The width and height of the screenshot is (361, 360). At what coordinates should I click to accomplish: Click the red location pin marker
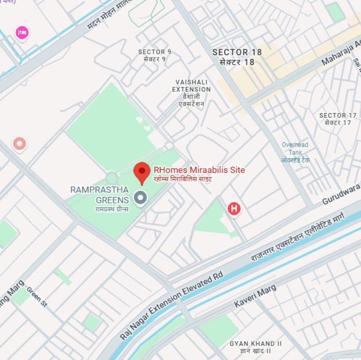[x=142, y=172]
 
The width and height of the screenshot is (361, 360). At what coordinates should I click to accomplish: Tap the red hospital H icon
[x=233, y=208]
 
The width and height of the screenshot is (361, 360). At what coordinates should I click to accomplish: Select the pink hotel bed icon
[x=22, y=32]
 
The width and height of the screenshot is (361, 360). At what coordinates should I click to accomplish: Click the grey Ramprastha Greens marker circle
[x=140, y=198]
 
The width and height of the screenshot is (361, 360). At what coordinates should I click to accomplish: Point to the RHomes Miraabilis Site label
[x=199, y=170]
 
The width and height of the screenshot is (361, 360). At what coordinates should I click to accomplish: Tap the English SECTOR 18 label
[x=237, y=52]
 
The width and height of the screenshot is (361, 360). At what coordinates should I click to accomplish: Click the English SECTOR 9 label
[x=155, y=52]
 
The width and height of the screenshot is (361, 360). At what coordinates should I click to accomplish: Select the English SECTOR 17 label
[x=338, y=115]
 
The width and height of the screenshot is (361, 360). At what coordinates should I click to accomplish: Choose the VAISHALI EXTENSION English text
[x=191, y=86]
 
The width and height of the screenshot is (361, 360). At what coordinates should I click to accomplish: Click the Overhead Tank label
[x=295, y=149]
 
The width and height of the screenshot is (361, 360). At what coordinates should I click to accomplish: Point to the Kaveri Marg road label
[x=255, y=296]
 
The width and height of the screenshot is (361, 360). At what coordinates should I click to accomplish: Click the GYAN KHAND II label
[x=256, y=344]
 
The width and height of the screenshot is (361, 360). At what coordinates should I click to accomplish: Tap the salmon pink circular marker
[x=19, y=143]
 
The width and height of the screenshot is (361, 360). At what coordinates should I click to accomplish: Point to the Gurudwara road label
[x=341, y=195]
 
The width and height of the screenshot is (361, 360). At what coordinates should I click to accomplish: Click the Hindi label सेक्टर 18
[x=237, y=62]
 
